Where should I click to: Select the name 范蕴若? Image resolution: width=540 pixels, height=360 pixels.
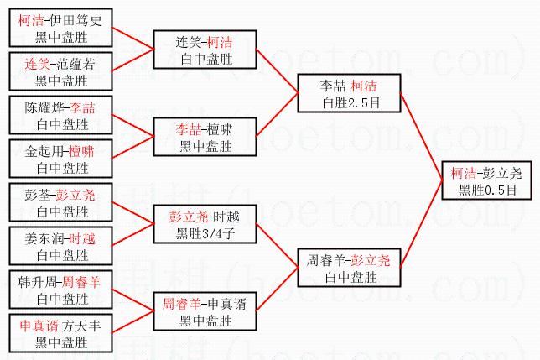[80, 64]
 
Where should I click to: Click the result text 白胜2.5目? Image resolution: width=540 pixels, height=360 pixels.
[350, 102]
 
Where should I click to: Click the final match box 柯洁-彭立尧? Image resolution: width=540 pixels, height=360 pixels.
[485, 180]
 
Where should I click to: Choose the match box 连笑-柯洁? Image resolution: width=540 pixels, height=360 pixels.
[205, 50]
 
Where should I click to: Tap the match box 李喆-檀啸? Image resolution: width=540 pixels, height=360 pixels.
[205, 137]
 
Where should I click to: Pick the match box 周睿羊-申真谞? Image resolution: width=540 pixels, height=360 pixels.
[205, 311]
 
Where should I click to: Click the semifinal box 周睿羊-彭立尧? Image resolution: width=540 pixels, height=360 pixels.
[350, 268]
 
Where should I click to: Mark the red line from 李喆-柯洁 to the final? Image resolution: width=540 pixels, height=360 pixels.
[420, 135]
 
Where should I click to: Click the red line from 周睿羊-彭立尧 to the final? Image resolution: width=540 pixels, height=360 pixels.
[422, 225]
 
